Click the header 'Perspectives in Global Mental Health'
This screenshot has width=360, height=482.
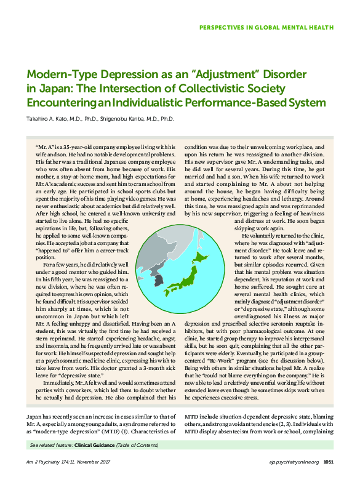tap(266, 27)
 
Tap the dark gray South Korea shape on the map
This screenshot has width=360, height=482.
tap(158, 281)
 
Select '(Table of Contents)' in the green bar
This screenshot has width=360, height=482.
tap(139, 444)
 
